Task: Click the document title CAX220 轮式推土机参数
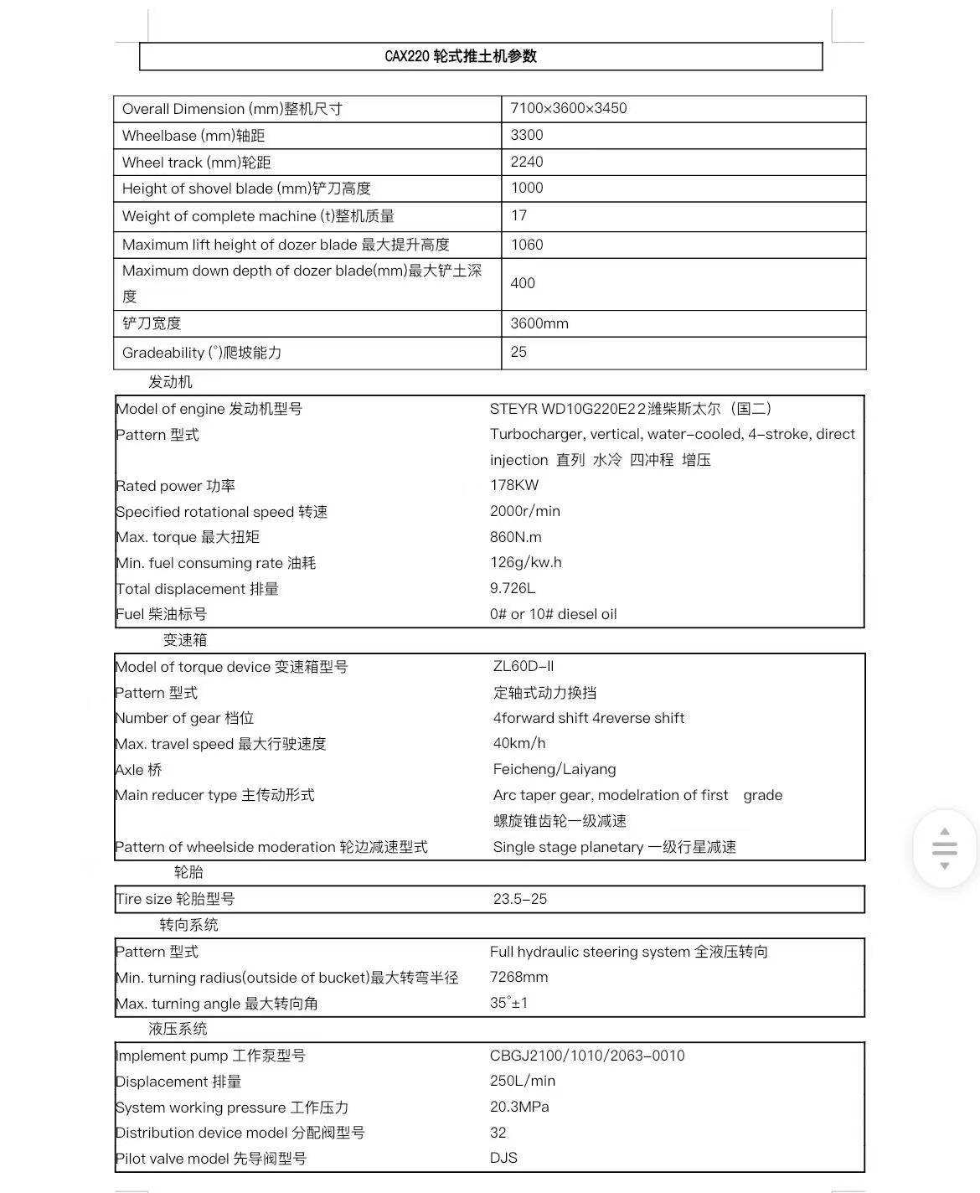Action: click(461, 56)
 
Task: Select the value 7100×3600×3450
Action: click(569, 108)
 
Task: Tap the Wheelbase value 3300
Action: click(527, 135)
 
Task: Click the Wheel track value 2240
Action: click(527, 162)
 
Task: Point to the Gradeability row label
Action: click(202, 353)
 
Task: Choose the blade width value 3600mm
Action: click(539, 323)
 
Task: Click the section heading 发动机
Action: click(170, 382)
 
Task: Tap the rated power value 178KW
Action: click(514, 485)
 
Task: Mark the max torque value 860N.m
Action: click(516, 537)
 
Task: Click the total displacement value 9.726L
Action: click(513, 588)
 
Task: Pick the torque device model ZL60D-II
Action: click(524, 666)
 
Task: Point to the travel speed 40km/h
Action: click(519, 743)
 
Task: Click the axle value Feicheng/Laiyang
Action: click(554, 769)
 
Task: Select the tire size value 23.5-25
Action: click(520, 899)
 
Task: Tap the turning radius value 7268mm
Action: click(519, 977)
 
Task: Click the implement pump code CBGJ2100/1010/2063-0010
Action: click(587, 1056)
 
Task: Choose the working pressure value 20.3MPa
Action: click(519, 1107)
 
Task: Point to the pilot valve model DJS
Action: click(504, 1158)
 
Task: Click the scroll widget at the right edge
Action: click(944, 848)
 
